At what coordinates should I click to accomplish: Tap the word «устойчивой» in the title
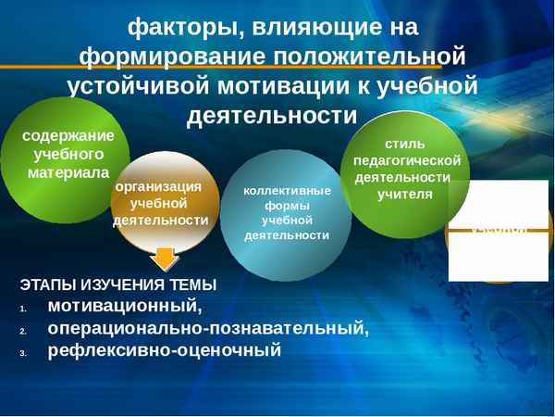[x=140, y=86]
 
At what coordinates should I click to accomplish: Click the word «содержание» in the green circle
[x=68, y=135]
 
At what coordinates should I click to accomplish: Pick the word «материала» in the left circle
[x=68, y=172]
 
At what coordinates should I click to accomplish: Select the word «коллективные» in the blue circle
[x=287, y=191]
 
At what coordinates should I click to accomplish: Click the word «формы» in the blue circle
[x=287, y=206]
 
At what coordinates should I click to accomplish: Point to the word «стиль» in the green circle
[x=406, y=144]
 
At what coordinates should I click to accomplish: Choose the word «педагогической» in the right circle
[x=406, y=159]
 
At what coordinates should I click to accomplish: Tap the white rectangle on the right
[x=498, y=231]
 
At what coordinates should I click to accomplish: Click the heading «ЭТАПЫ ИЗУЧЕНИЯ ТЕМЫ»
[x=117, y=284]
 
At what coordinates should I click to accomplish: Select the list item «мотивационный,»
[x=124, y=306]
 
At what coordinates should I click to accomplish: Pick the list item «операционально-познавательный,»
[x=208, y=328]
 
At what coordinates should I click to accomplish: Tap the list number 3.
[x=23, y=353]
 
